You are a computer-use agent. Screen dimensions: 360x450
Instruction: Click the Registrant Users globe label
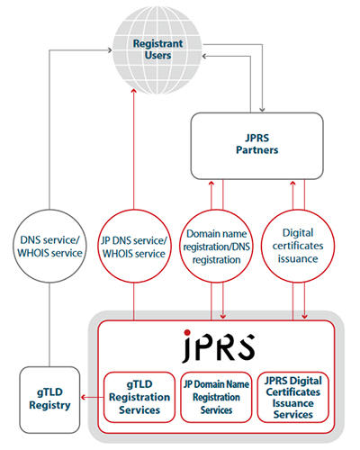click(x=157, y=49)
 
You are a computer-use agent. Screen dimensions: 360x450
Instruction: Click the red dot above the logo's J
click(x=187, y=332)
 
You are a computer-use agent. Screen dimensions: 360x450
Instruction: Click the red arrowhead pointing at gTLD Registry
click(x=84, y=398)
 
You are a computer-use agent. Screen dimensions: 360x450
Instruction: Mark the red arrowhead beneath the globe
click(x=134, y=91)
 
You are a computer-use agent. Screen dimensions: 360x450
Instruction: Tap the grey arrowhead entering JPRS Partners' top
click(x=262, y=110)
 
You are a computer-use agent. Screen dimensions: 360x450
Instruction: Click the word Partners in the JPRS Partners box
click(x=257, y=149)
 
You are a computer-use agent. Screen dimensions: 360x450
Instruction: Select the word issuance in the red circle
click(x=298, y=258)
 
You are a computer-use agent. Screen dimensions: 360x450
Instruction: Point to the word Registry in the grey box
click(x=49, y=405)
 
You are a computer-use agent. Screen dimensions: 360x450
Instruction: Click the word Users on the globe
click(x=157, y=56)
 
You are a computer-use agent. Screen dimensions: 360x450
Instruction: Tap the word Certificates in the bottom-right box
click(x=293, y=391)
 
